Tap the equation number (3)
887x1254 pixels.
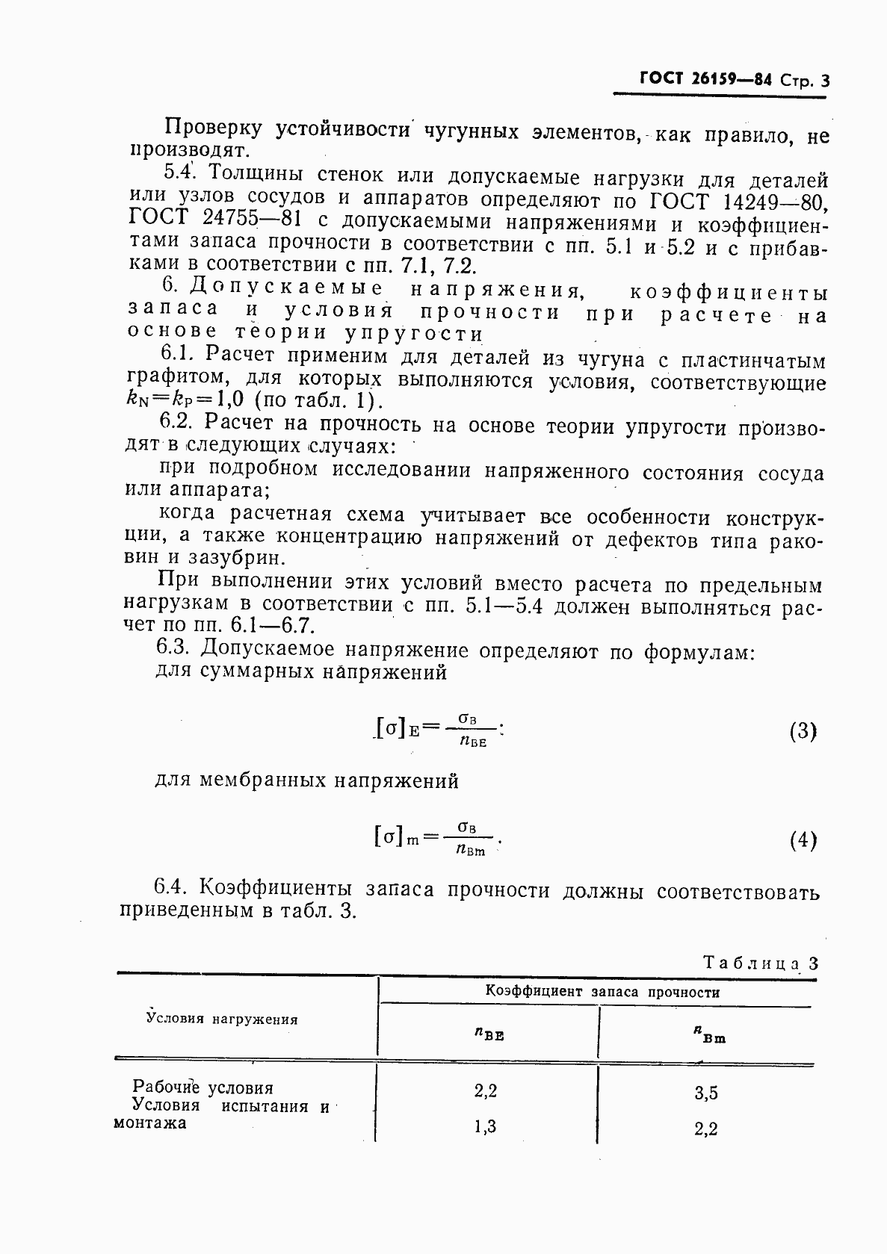click(803, 731)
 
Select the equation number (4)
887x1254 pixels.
click(803, 841)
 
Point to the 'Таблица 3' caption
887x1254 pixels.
click(761, 963)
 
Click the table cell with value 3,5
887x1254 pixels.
click(705, 1093)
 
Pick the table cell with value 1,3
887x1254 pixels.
click(485, 1127)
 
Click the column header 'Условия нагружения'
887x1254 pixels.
click(222, 1019)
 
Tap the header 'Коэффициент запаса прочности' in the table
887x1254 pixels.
click(602, 993)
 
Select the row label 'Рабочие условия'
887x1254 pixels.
click(203, 1087)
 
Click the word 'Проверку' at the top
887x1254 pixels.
click(212, 129)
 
